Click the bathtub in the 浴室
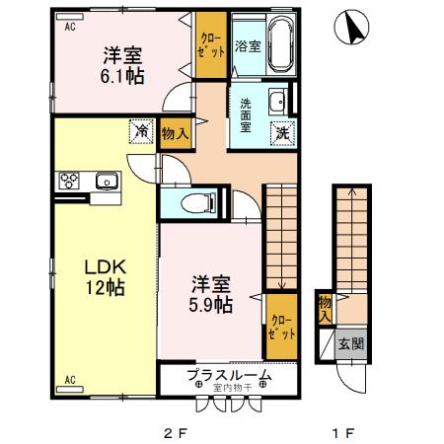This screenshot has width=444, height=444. (276, 45)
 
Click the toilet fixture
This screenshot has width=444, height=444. (199, 204)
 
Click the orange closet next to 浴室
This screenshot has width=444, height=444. (210, 45)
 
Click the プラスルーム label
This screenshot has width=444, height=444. (229, 376)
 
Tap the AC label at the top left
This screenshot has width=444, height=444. (70, 29)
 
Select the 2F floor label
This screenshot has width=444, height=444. (175, 431)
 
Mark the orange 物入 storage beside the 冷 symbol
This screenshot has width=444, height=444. (176, 133)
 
